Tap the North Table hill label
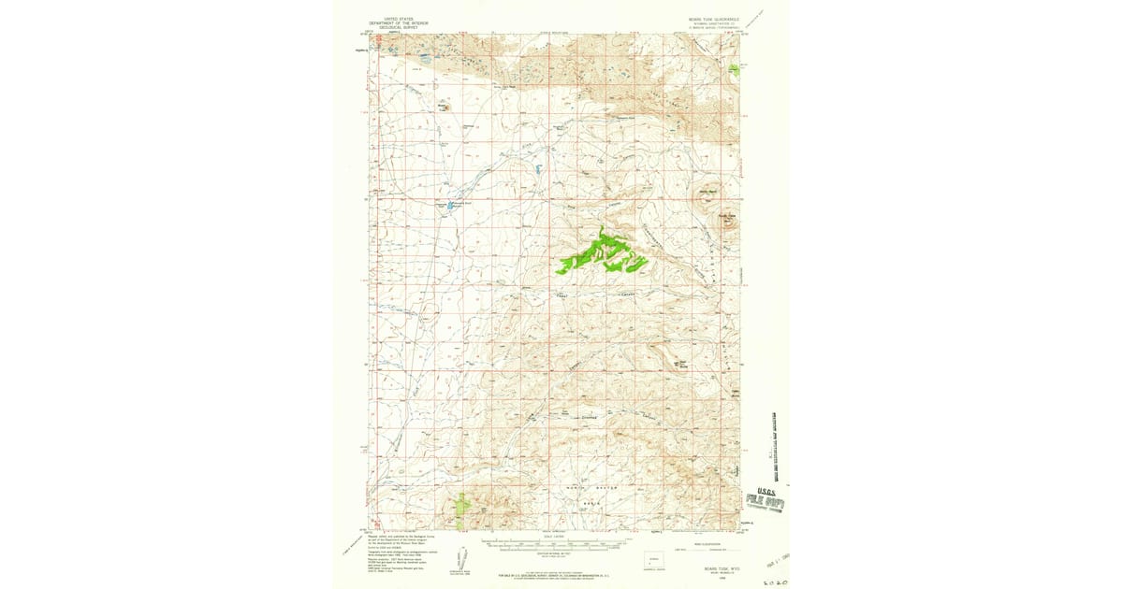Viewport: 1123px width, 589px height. tap(708, 194)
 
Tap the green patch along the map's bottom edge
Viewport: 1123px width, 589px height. tap(462, 507)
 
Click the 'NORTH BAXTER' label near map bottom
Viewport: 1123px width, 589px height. tap(591, 489)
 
